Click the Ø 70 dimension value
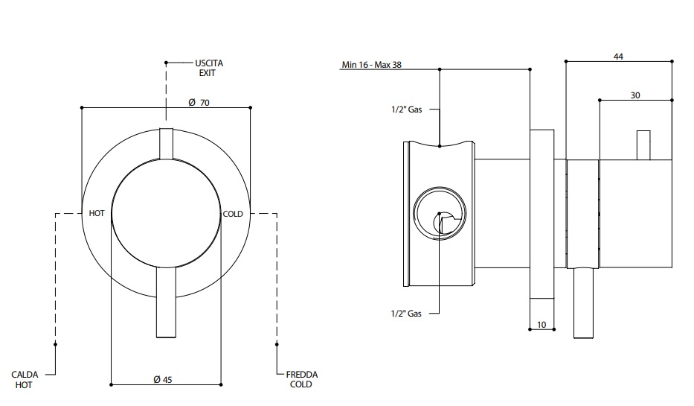(197, 103)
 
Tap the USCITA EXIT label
(209, 69)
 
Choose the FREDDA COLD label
(301, 380)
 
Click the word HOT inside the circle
(97, 214)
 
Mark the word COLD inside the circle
(233, 214)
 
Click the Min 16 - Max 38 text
(371, 65)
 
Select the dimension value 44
(618, 56)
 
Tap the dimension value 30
(634, 95)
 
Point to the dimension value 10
(541, 325)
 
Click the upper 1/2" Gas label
(406, 110)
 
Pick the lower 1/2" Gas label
(406, 314)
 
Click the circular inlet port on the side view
(440, 212)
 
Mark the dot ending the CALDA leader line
(57, 344)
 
